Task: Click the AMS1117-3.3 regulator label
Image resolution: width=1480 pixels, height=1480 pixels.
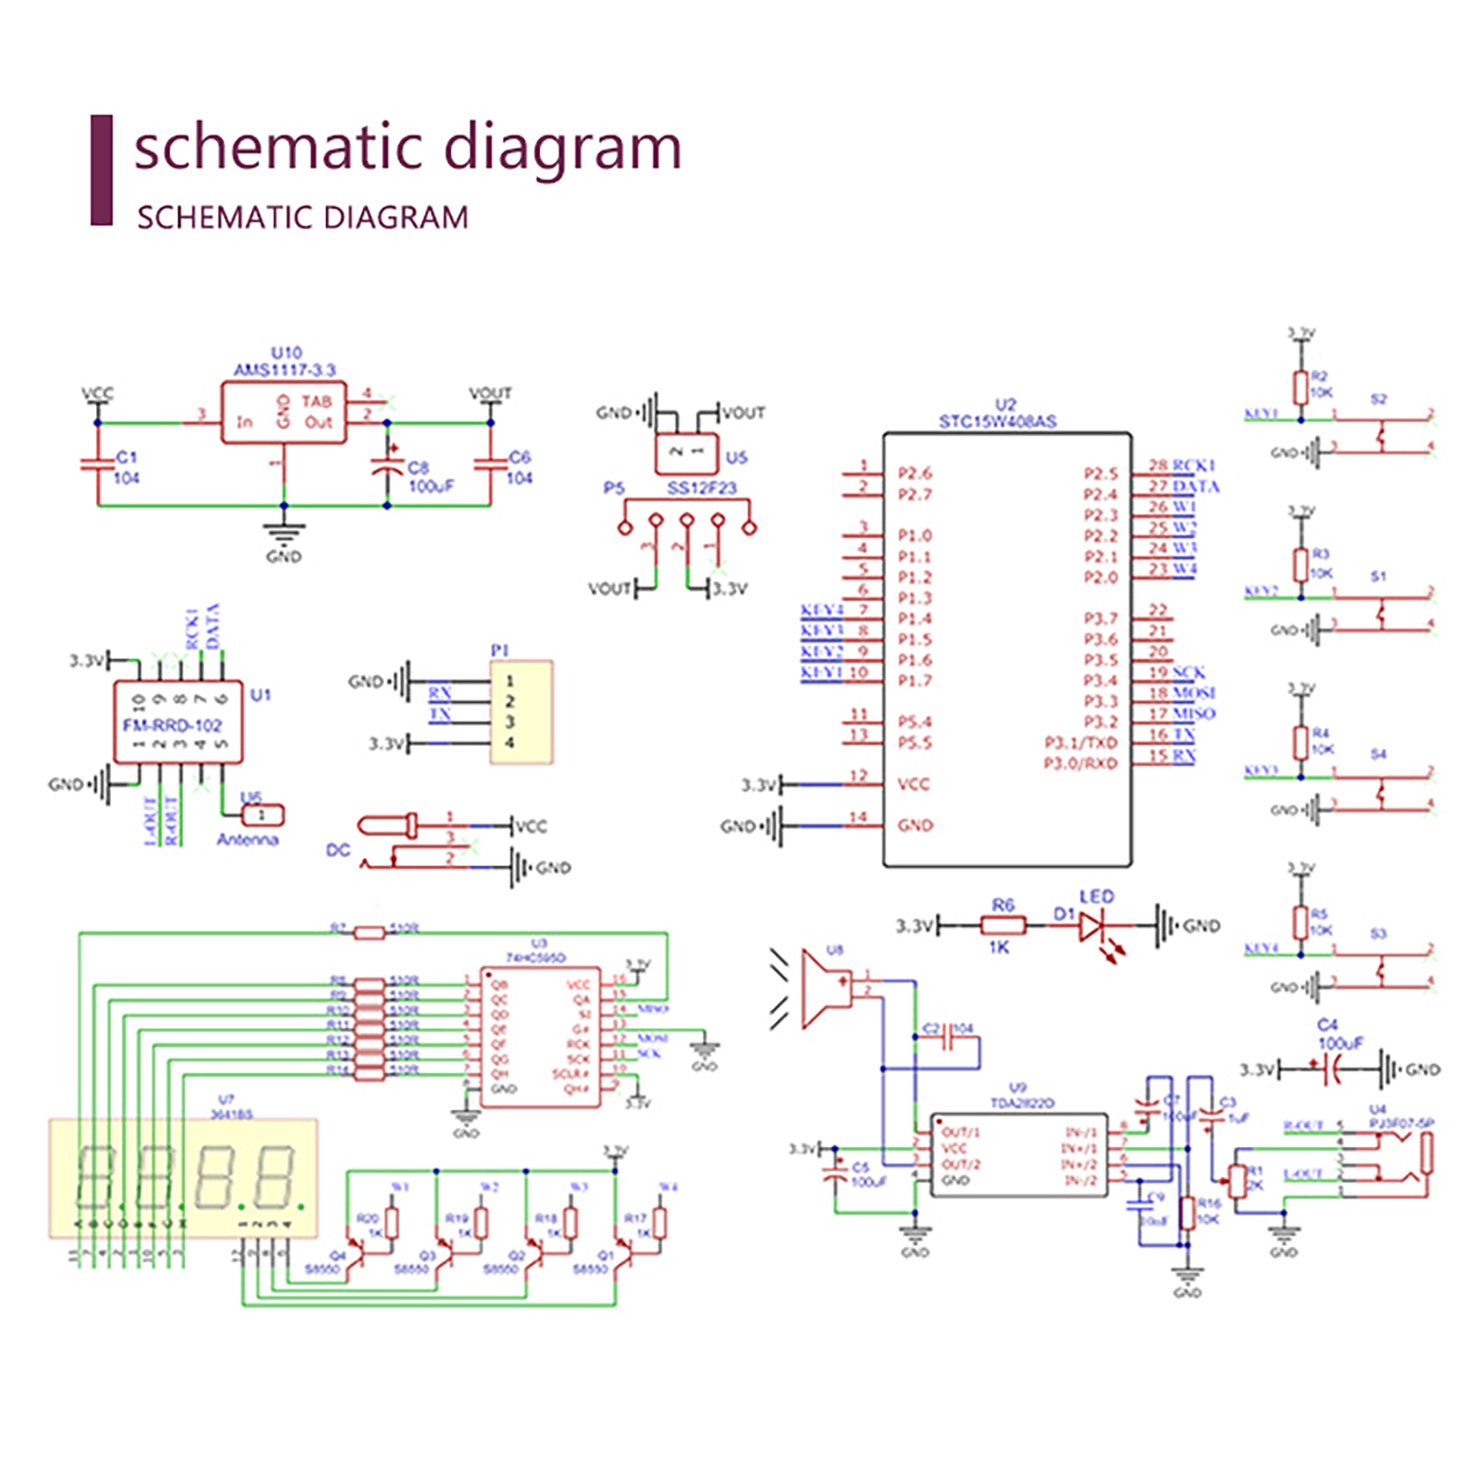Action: [x=284, y=370]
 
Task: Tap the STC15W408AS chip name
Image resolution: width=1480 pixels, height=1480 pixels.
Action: [x=997, y=422]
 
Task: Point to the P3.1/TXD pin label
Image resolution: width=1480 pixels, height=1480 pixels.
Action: [x=1080, y=743]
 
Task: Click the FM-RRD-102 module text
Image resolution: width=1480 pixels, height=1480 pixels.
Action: [x=172, y=725]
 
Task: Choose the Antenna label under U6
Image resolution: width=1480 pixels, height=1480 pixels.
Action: [x=247, y=840]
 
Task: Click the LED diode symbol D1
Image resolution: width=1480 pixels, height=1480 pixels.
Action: [x=1092, y=925]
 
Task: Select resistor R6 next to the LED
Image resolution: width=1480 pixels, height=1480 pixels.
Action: [x=1003, y=925]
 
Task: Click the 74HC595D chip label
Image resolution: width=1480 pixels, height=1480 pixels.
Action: [x=536, y=957]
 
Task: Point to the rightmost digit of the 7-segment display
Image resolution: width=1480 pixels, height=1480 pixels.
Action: [x=274, y=1177]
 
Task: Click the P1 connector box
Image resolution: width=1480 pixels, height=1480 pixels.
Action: [x=521, y=712]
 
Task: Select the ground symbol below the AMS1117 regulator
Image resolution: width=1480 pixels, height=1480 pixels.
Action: [x=284, y=535]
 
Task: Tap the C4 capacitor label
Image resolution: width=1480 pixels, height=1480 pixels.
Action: [x=1327, y=1025]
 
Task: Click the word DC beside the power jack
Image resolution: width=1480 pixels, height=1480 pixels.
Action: [x=338, y=850]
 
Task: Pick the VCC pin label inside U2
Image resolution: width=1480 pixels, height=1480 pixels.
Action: [x=913, y=784]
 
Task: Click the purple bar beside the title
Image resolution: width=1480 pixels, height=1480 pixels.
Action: [x=102, y=170]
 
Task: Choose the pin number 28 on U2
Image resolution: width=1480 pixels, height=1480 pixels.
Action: [x=1158, y=465]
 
